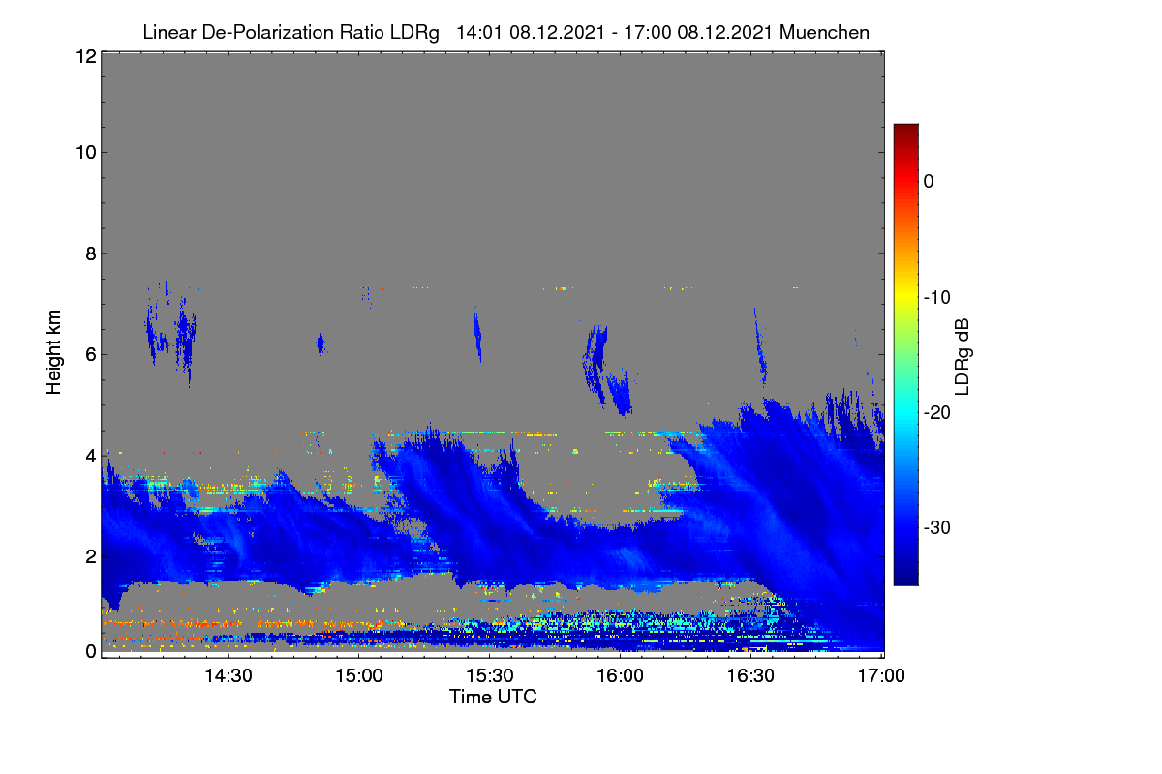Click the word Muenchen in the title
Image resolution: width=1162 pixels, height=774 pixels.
[x=824, y=32]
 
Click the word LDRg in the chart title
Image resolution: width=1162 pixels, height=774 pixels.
[x=414, y=33]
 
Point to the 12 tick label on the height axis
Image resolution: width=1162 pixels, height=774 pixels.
[x=86, y=56]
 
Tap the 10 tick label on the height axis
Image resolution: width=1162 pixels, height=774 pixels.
[x=86, y=153]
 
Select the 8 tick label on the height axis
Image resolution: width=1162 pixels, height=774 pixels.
[x=91, y=254]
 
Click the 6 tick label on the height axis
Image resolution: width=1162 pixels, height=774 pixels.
[x=91, y=355]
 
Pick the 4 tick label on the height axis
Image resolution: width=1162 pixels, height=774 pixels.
[x=91, y=457]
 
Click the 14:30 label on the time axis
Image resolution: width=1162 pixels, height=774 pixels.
[x=229, y=675]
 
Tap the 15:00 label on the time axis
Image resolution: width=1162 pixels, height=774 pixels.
[x=359, y=675]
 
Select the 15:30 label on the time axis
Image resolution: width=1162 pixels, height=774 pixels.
[x=490, y=675]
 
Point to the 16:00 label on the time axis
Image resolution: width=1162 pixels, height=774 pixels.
[x=620, y=675]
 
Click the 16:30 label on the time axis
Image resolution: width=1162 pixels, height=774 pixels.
[x=750, y=675]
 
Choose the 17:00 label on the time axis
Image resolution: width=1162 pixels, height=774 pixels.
[x=881, y=675]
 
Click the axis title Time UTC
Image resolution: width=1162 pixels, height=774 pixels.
[x=493, y=697]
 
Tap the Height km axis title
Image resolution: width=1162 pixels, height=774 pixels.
[x=53, y=352]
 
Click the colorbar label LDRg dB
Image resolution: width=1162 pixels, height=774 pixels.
[x=962, y=357]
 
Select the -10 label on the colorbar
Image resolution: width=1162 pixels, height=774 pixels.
[x=937, y=298]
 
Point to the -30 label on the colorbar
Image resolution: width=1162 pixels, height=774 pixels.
[x=937, y=527]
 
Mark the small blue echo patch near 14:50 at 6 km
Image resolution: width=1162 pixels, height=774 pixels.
[x=321, y=343]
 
